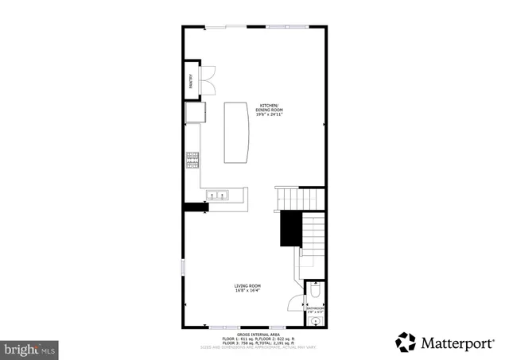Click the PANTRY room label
(191, 80)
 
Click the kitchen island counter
(235, 132)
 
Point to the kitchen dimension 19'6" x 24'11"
(270, 115)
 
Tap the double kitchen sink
(217, 195)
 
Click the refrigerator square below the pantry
(193, 114)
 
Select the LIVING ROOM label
(248, 285)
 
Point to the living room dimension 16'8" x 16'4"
(248, 291)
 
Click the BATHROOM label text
(316, 308)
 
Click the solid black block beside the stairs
(289, 228)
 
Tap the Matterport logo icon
(406, 343)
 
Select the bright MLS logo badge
(31, 348)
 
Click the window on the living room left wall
(184, 268)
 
